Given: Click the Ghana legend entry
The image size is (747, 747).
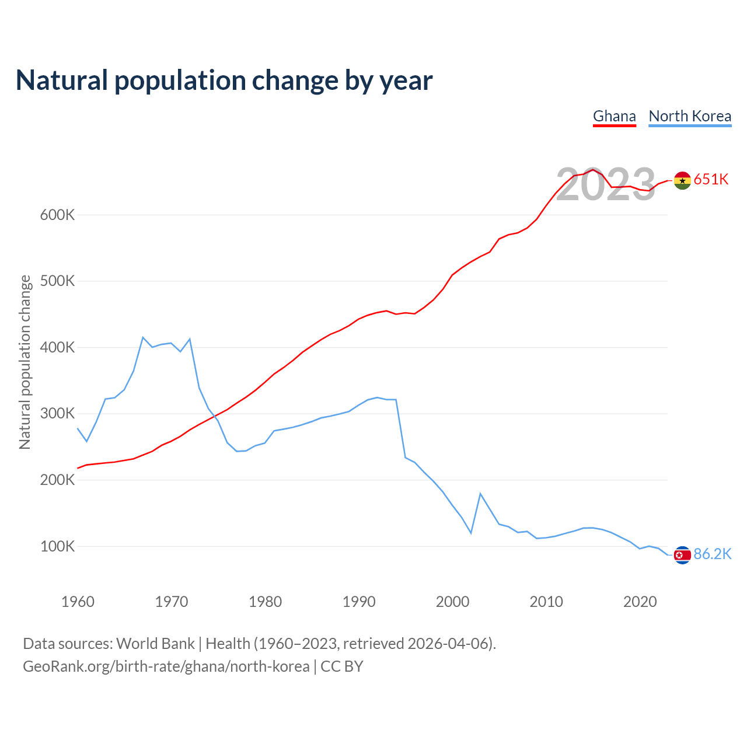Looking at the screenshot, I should click(614, 116).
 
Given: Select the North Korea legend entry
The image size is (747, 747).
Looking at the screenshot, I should click(690, 116).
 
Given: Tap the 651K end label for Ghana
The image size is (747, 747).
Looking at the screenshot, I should click(711, 179).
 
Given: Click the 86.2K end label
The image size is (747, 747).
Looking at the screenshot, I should click(712, 554).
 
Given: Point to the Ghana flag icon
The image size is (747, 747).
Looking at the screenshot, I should click(682, 180).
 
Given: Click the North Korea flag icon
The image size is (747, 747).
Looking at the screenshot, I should click(682, 555).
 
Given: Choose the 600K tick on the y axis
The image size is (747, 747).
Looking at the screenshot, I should click(57, 215).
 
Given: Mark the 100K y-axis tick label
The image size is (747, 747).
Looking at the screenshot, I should click(57, 546).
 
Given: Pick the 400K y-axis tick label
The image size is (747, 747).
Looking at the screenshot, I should click(57, 347).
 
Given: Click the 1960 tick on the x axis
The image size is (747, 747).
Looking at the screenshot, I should click(78, 602).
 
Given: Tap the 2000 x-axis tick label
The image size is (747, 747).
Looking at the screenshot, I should click(452, 602).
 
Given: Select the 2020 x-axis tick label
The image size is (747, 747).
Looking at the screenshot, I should click(640, 602).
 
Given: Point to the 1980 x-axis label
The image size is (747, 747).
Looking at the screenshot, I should click(265, 602).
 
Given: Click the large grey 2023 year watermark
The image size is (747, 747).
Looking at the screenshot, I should click(606, 185).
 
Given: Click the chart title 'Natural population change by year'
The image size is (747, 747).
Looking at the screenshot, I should click(224, 81).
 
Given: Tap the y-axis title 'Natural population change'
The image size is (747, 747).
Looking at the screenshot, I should click(25, 362).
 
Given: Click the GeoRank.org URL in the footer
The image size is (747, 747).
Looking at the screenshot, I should click(166, 666).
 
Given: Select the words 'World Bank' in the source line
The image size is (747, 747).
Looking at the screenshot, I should click(155, 644).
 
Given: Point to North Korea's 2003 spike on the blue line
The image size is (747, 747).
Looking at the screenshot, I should click(480, 494).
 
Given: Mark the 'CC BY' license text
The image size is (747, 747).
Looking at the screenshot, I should click(342, 666).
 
